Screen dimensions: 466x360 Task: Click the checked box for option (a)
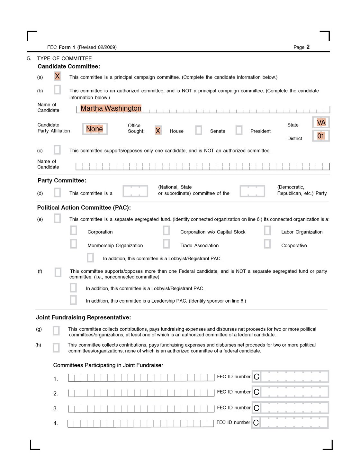point(57,76)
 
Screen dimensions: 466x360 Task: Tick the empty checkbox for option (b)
point(57,89)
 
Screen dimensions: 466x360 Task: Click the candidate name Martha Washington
point(111,108)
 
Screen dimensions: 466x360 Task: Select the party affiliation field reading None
point(94,129)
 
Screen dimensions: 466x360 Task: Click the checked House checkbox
point(158,130)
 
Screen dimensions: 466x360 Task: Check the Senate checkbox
point(199,130)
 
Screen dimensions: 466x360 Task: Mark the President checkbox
point(239,130)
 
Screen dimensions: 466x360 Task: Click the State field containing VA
point(321,123)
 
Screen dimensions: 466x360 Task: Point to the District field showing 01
point(321,136)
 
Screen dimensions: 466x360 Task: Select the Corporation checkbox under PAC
point(74,230)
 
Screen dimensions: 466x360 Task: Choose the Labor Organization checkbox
point(267,230)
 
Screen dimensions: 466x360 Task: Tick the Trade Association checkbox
point(166,244)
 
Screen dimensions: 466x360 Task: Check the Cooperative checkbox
point(267,244)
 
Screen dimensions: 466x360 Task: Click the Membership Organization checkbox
point(74,244)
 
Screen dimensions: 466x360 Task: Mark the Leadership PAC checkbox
point(73,300)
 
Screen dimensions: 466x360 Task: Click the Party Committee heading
point(62,180)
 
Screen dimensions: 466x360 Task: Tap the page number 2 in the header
point(308,47)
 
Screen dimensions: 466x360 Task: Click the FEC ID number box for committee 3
point(291,408)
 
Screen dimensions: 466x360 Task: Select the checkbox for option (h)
point(56,348)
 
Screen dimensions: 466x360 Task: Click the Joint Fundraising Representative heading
point(83,317)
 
